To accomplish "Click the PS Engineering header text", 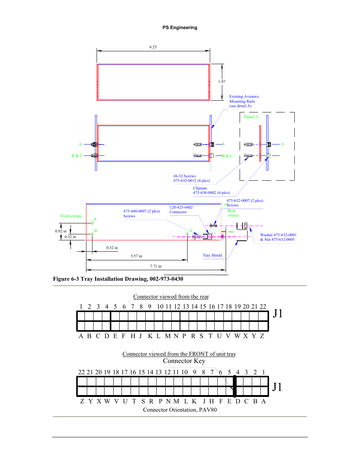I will click(x=180, y=28).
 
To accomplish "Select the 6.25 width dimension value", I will click(x=153, y=47).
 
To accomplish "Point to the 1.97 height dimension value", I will click(x=222, y=82).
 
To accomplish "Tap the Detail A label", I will click(x=251, y=117).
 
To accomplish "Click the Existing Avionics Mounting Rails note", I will click(x=244, y=101).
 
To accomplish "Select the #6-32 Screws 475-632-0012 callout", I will click(x=191, y=178).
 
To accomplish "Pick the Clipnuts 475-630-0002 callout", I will click(x=211, y=191).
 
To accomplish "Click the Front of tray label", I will click(x=71, y=216).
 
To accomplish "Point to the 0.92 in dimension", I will click(x=61, y=231).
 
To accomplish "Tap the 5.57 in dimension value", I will click(x=136, y=256).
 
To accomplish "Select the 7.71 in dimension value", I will click(x=155, y=266).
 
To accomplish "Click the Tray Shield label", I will click(x=212, y=255).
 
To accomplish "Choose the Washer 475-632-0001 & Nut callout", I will click(x=278, y=237).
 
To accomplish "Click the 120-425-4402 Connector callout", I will click(x=181, y=210).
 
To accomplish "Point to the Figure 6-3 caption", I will click(x=118, y=279).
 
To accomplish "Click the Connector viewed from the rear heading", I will click(x=171, y=297).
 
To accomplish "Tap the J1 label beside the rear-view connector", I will click(x=278, y=314).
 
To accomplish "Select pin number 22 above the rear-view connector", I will click(x=263, y=307).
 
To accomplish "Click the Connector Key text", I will click(x=184, y=361).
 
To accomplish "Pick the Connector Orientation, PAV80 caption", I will click(x=180, y=410).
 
